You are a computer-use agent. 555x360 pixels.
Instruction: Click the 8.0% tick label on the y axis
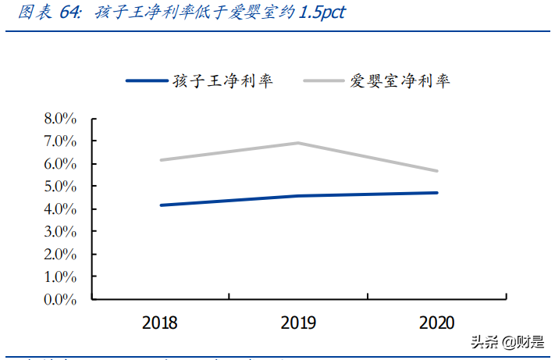[60, 119]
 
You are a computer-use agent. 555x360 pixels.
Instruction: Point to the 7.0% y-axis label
[60, 141]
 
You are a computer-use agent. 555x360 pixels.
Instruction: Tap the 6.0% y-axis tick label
[60, 164]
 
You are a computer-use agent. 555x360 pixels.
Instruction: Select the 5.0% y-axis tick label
[60, 187]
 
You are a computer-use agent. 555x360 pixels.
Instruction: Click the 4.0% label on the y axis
[60, 209]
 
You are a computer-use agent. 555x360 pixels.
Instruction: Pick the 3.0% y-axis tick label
[60, 232]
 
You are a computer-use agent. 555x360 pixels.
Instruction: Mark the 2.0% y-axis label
[60, 255]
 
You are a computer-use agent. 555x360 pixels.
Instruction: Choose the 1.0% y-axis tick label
[60, 276]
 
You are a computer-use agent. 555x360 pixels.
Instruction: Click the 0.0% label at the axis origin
[60, 299]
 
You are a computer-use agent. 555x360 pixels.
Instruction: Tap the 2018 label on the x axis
[160, 323]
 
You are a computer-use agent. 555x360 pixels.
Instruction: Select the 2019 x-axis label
[299, 323]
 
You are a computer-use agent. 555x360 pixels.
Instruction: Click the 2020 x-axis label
[438, 323]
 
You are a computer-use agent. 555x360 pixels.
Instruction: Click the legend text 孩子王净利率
[222, 81]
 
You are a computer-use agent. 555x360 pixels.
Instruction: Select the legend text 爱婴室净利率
[400, 81]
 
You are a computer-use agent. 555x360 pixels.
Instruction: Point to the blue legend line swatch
[146, 80]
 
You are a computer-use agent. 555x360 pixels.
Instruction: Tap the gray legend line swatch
[323, 80]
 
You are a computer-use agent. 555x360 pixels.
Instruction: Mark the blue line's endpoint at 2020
[437, 193]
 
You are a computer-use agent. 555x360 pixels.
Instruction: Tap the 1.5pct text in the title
[319, 13]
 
